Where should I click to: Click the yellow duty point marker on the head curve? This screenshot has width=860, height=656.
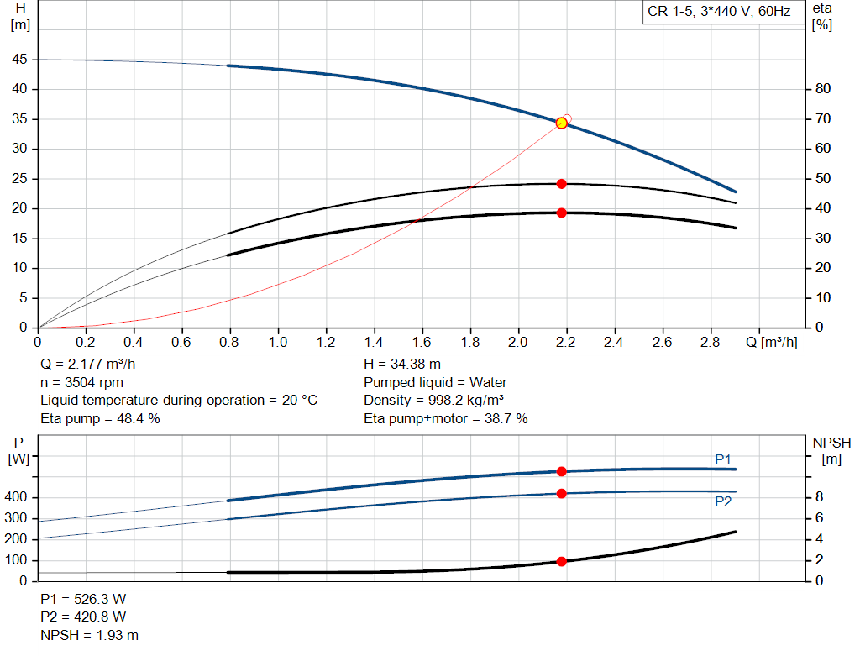pyautogui.click(x=562, y=123)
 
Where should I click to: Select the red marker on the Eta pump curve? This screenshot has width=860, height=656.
pyautogui.click(x=562, y=183)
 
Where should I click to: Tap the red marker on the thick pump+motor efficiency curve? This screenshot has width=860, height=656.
pyautogui.click(x=562, y=213)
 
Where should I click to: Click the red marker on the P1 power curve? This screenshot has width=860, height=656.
pyautogui.click(x=562, y=471)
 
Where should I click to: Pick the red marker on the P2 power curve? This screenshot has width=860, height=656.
pyautogui.click(x=562, y=493)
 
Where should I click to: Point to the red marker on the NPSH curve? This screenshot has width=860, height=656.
pyautogui.click(x=562, y=561)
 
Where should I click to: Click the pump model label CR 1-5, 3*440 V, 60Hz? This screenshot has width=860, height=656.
pyautogui.click(x=719, y=13)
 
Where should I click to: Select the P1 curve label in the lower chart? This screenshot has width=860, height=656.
pyautogui.click(x=723, y=459)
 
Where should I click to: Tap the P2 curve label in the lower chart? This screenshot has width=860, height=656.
pyautogui.click(x=723, y=501)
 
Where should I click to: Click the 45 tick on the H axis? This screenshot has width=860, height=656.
pyautogui.click(x=18, y=60)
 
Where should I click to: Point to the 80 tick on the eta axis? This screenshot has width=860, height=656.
pyautogui.click(x=823, y=89)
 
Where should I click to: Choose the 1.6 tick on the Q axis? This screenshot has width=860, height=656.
pyautogui.click(x=422, y=342)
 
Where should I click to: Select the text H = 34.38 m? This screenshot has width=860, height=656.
pyautogui.click(x=402, y=365)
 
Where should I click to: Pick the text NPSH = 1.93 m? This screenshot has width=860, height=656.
pyautogui.click(x=90, y=635)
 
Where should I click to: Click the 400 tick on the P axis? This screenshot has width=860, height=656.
pyautogui.click(x=18, y=497)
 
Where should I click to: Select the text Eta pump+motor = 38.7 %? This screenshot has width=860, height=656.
pyautogui.click(x=445, y=418)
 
